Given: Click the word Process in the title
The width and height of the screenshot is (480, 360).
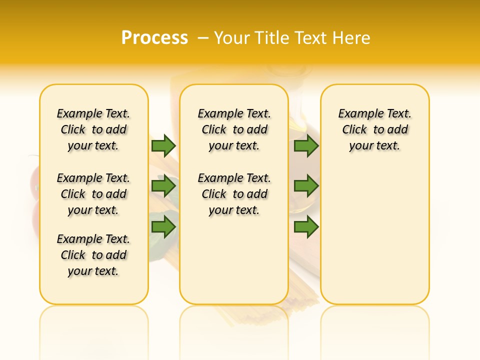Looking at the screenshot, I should (154, 37).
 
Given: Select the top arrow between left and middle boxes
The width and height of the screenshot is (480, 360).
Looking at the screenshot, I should (163, 145).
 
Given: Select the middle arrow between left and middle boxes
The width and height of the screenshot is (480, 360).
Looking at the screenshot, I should (163, 186).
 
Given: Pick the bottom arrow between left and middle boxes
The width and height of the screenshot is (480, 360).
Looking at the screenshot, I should (163, 227).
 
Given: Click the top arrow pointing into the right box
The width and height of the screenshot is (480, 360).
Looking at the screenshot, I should (306, 145).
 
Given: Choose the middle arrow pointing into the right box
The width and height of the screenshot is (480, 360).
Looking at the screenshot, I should (306, 186).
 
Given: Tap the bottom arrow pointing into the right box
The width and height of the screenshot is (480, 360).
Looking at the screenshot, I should (306, 227).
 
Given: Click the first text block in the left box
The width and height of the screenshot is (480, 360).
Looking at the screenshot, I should (93, 129).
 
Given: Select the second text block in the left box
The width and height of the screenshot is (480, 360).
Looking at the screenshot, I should (93, 194).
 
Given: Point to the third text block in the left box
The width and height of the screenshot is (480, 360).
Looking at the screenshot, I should (93, 255).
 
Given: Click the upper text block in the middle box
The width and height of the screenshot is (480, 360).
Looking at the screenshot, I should (234, 129).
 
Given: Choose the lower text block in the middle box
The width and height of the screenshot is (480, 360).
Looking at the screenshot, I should (234, 194).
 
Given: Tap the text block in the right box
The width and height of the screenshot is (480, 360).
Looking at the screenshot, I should (375, 129).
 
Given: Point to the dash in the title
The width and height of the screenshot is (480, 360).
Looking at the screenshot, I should (202, 38).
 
